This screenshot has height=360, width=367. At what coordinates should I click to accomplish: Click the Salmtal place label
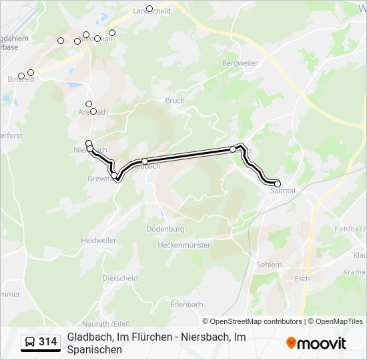tap(284, 191)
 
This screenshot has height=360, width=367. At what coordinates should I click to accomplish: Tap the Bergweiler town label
tap(240, 63)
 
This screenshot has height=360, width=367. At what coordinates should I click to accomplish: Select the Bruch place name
tap(175, 101)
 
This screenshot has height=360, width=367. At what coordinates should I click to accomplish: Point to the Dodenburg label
tap(165, 229)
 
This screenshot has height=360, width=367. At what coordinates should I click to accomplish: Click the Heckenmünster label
tap(184, 245)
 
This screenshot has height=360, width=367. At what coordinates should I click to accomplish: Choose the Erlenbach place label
tap(186, 305)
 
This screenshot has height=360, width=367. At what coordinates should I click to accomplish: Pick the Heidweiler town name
tap(98, 240)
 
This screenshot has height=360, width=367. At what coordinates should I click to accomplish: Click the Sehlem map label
tap(269, 265)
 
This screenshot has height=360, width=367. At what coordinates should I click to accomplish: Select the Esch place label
tap(302, 279)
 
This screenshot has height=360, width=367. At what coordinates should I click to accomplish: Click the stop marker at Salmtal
tap(278, 183)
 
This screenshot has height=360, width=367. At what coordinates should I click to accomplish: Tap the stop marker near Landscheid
tap(149, 9)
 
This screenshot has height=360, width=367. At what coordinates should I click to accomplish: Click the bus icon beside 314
tap(30, 342)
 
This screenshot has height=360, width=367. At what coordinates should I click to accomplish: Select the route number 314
tap(47, 342)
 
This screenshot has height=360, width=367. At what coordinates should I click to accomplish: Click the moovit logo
tap(316, 343)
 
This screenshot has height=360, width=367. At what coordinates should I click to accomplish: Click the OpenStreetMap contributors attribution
tap(256, 321)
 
